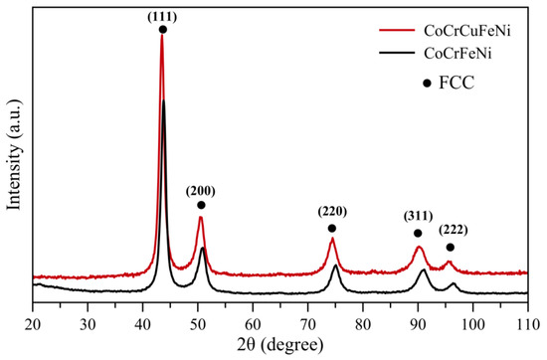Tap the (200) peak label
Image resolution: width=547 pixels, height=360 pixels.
pos(200,191)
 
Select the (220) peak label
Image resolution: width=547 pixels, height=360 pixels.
pos(332,213)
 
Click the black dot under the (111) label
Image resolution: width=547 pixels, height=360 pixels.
pos(162,30)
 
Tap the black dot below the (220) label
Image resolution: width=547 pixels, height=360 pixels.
pos(332,228)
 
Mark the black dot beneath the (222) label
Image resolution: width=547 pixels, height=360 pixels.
pos(451,247)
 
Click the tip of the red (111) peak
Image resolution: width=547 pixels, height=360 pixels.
pos(161,37)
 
